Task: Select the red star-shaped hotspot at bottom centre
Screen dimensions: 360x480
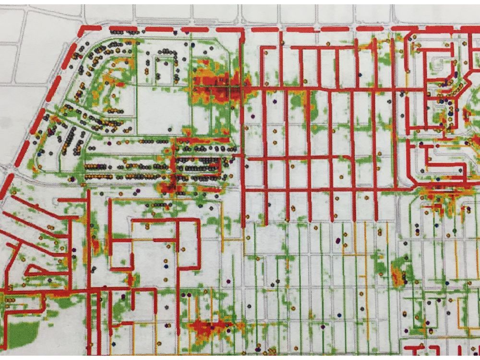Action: tap(206, 329)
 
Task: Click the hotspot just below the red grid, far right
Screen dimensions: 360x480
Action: tap(439, 197)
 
